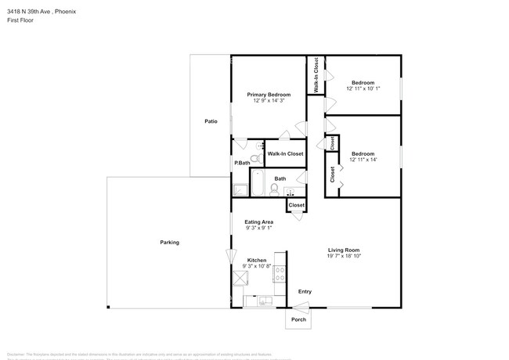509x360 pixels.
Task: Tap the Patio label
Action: pos(211,121)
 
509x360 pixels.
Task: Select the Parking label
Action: pos(170,243)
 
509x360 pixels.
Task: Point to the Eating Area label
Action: pos(258,221)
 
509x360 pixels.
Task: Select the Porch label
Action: pos(298,319)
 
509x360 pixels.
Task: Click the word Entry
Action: pos(305,292)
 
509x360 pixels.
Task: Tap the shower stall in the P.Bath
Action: pos(239,189)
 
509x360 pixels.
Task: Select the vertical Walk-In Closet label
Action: pos(316,77)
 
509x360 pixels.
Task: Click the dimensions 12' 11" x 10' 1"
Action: pos(363,88)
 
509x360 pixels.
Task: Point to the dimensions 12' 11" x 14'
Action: pos(363,159)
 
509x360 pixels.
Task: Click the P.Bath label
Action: pos(241,163)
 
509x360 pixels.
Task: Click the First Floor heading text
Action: pos(18,20)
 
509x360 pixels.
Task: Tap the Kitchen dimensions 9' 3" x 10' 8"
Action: pos(257,266)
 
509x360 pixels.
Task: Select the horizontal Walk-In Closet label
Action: pos(285,153)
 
